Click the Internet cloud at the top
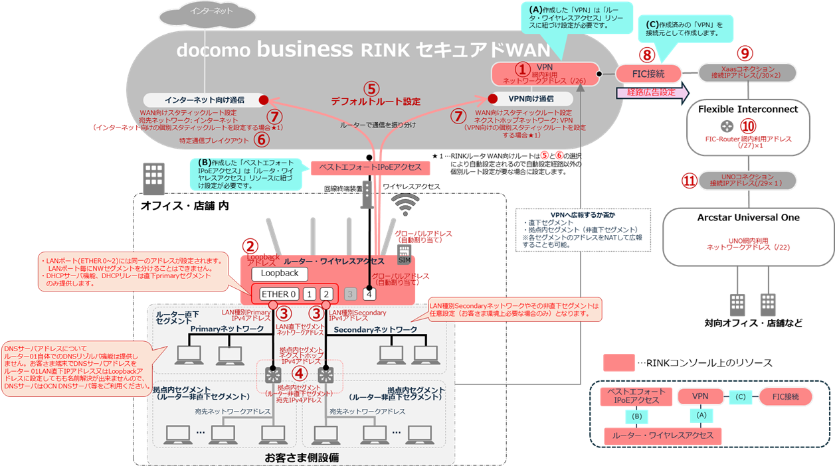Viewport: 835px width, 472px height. click(x=212, y=13)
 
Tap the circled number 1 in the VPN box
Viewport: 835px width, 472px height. click(x=524, y=68)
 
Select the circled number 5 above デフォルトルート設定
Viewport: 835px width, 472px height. click(x=371, y=88)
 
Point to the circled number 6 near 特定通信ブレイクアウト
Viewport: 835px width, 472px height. click(x=261, y=139)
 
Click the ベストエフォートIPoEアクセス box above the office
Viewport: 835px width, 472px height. click(x=370, y=167)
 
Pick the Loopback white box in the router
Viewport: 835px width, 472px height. click(x=280, y=273)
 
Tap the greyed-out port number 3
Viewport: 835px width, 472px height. click(x=350, y=294)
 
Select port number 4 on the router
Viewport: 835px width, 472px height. click(x=369, y=294)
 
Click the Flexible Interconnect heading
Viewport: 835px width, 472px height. click(x=747, y=108)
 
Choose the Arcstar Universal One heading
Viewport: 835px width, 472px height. click(x=748, y=217)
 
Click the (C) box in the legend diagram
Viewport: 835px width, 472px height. click(x=740, y=397)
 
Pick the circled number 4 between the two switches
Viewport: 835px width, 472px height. click(x=299, y=375)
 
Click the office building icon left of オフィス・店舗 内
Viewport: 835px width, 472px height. click(x=154, y=178)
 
